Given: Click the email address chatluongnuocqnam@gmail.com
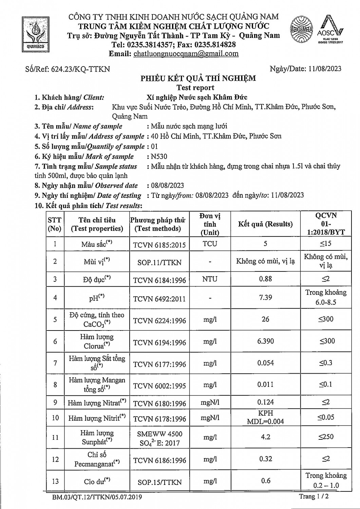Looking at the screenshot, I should click(186, 54).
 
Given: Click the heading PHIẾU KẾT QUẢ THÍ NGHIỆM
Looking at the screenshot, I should click(198, 79).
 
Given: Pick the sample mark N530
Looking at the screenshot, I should click(159, 156).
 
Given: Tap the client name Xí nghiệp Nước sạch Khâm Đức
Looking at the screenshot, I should click(194, 97).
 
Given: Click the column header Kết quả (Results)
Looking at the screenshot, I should click(265, 224).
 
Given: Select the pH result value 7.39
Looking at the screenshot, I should click(265, 297).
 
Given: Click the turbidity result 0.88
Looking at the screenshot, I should click(265, 279).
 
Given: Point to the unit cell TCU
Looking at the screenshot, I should click(210, 244).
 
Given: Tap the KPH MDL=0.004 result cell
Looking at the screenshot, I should click(265, 417).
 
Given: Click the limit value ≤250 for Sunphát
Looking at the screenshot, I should click(326, 437).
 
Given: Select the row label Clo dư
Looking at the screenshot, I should click(97, 481).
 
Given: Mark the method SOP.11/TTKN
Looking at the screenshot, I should click(159, 262).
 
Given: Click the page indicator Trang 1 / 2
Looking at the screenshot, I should click(314, 496).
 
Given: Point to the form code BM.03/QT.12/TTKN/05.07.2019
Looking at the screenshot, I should click(97, 497).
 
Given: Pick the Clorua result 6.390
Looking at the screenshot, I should click(265, 341).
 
